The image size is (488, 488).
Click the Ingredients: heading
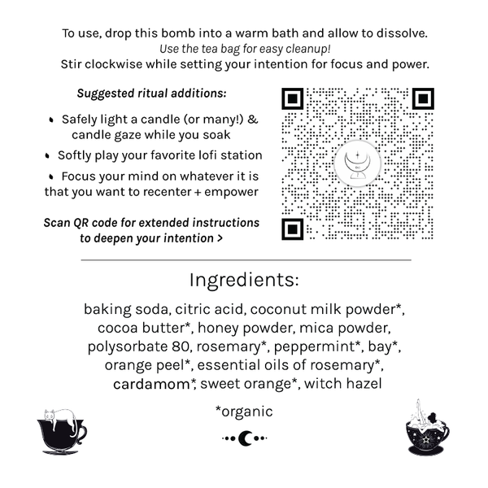[x=244, y=281]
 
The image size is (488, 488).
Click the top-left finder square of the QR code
[x=293, y=99]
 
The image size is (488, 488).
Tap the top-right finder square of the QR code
[x=422, y=99]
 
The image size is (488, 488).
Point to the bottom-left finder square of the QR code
[x=293, y=227]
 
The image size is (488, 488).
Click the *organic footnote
[x=244, y=412]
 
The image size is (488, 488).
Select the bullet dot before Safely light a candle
[x=52, y=120]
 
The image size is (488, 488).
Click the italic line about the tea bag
[x=244, y=48]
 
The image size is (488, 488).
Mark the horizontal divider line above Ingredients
[x=244, y=259]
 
